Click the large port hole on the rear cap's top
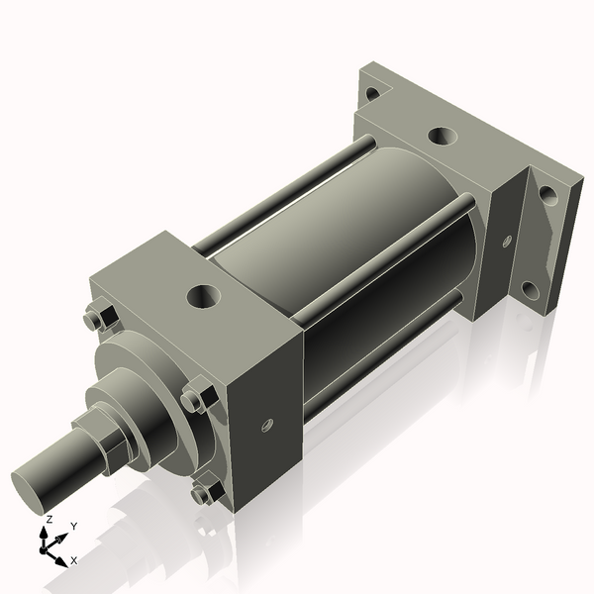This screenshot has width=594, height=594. click(x=440, y=137)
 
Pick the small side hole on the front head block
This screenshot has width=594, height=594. click(x=265, y=426)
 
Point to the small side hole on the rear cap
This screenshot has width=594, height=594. click(x=507, y=240)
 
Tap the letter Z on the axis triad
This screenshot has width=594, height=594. click(x=49, y=519)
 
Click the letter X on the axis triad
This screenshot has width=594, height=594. click(x=73, y=560)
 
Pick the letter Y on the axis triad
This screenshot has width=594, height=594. click(x=74, y=527)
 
